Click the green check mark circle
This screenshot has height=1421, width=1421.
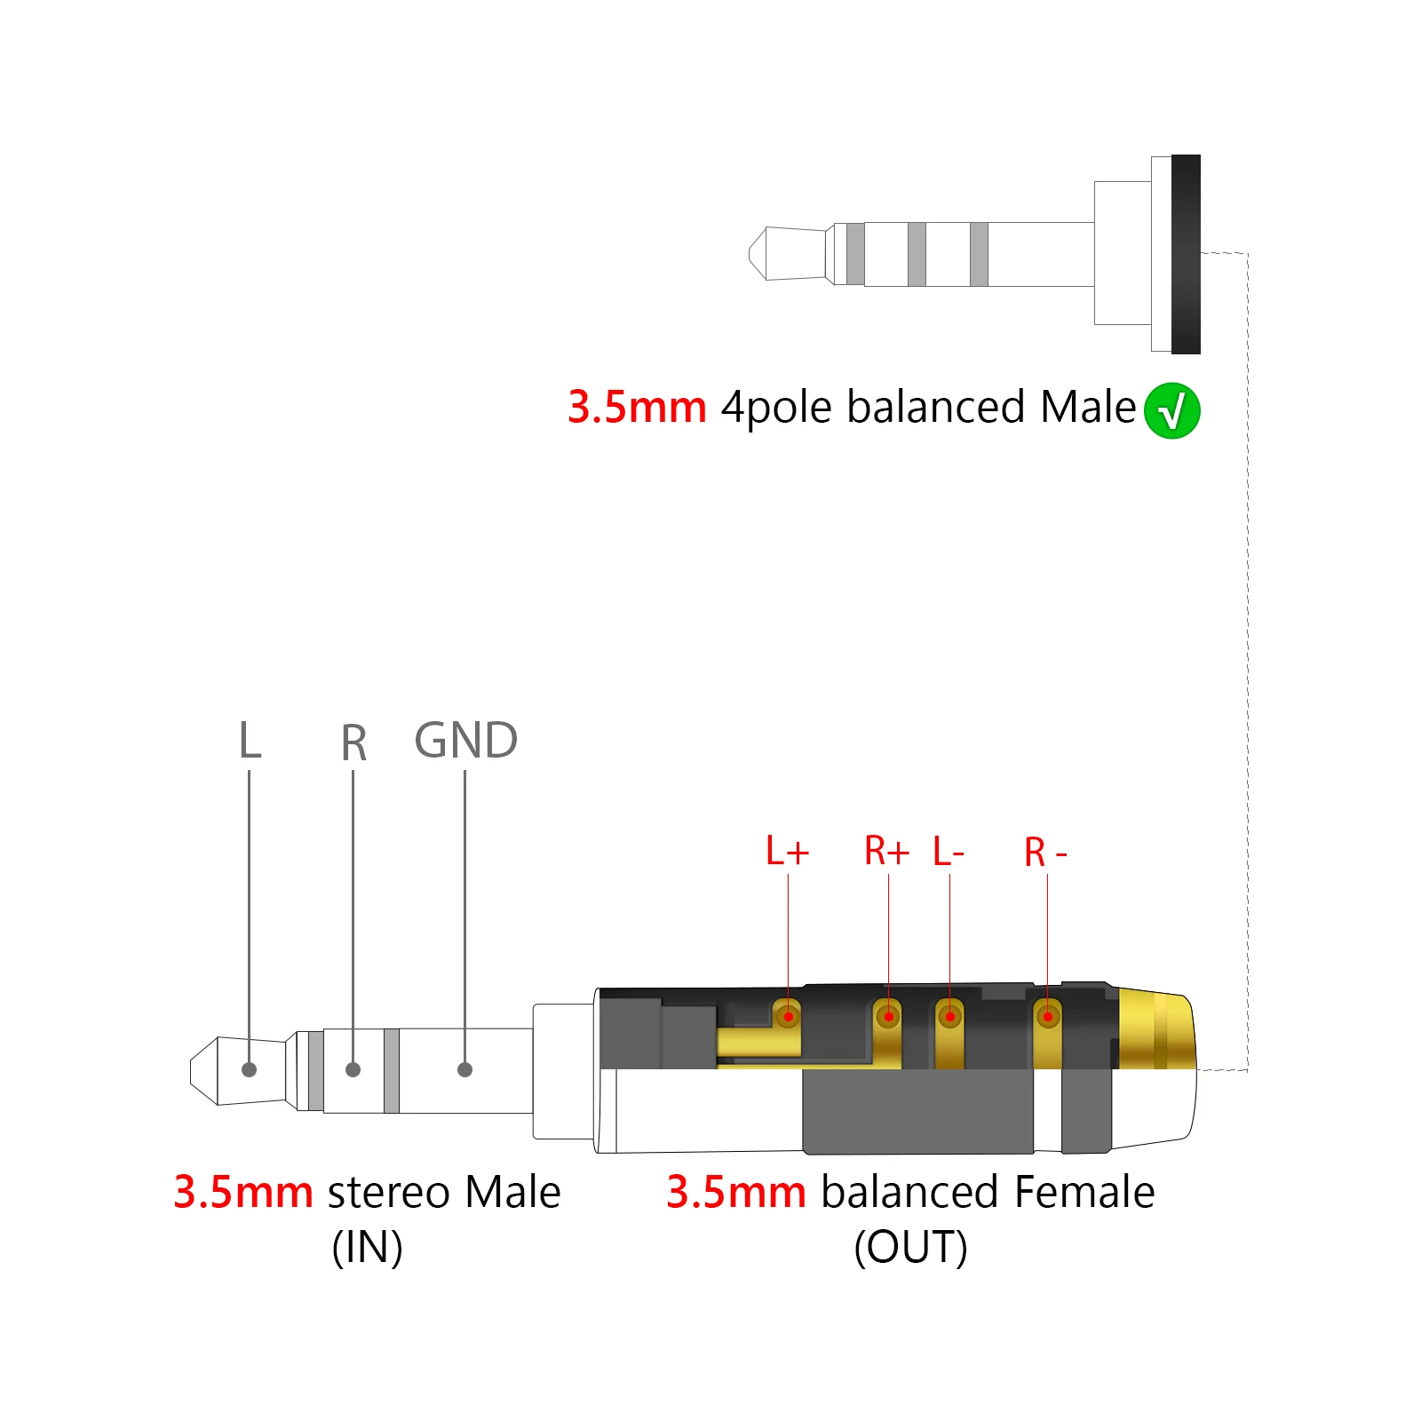tap(1171, 410)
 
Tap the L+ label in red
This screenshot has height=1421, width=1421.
tap(787, 851)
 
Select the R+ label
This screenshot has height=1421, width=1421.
tap(886, 851)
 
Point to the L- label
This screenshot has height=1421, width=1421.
tap(949, 852)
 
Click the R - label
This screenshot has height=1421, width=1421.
tap(1045, 853)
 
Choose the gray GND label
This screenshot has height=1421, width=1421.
tap(465, 740)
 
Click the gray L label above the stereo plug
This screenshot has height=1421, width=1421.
tap(250, 740)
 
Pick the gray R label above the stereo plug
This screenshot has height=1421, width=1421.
tap(353, 742)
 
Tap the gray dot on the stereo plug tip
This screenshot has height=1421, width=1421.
tap(249, 1069)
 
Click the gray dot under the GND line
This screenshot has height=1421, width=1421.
tap(464, 1069)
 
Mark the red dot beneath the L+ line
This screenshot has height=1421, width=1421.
tap(788, 1016)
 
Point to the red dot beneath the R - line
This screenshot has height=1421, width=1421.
tap(1048, 1016)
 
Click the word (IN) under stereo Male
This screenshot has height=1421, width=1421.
tap(367, 1247)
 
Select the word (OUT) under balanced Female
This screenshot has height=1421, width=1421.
tap(910, 1247)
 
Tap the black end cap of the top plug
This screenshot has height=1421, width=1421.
tap(1186, 254)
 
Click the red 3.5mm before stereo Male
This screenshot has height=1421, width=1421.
tap(242, 1192)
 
